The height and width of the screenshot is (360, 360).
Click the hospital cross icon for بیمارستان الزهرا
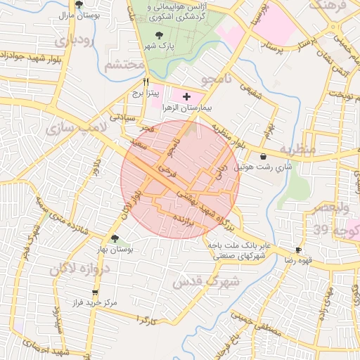(186, 96)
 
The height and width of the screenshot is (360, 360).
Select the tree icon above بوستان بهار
(115, 238)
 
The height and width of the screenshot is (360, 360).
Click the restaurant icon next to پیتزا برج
(146, 82)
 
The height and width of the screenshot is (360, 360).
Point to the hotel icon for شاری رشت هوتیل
(263, 157)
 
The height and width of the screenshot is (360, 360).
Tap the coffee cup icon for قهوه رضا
(299, 250)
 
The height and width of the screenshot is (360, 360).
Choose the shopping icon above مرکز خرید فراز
(95, 293)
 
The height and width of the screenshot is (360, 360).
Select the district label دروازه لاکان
(75, 269)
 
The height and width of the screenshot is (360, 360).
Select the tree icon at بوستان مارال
(78, 4)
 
